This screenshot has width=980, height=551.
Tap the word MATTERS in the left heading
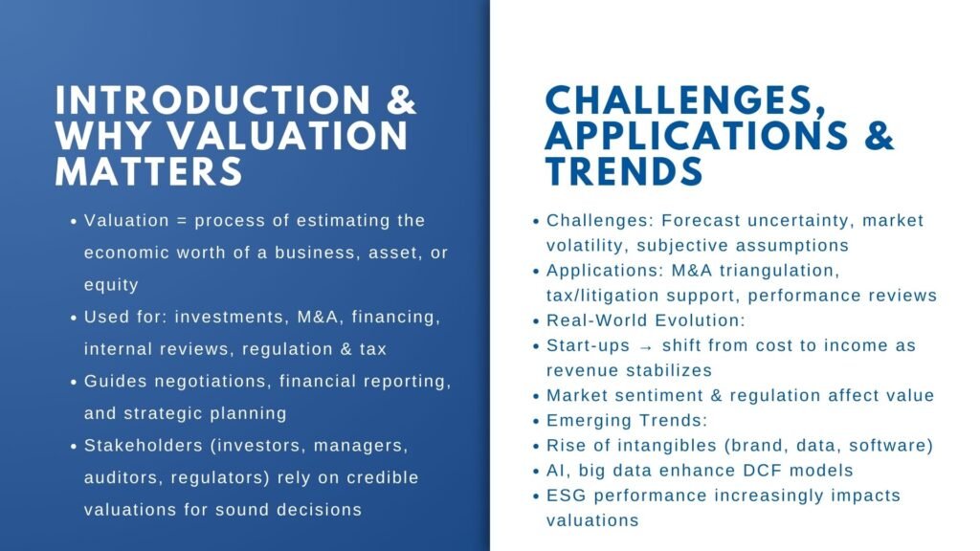pos(148,172)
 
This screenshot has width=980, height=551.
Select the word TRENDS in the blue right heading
pos(624,172)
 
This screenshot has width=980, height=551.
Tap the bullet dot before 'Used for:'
pos(74,317)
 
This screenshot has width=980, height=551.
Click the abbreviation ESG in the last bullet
pos(566,496)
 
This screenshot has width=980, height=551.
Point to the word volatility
pos(585,246)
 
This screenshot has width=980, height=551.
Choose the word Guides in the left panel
pos(113,381)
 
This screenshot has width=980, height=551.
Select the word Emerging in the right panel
pos(586,420)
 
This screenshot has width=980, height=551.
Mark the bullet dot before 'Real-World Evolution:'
pos(536,321)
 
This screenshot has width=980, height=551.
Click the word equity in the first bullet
pos(111,284)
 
